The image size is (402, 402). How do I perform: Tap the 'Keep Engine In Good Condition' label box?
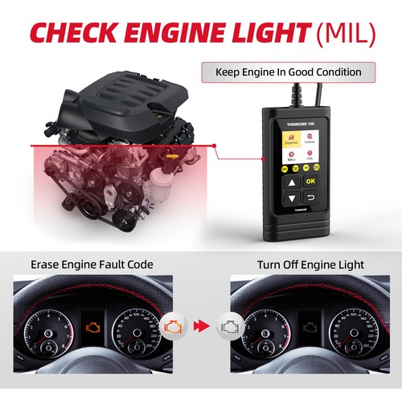pyautogui.click(x=288, y=72)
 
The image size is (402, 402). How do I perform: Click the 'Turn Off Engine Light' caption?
pyautogui.click(x=310, y=264)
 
